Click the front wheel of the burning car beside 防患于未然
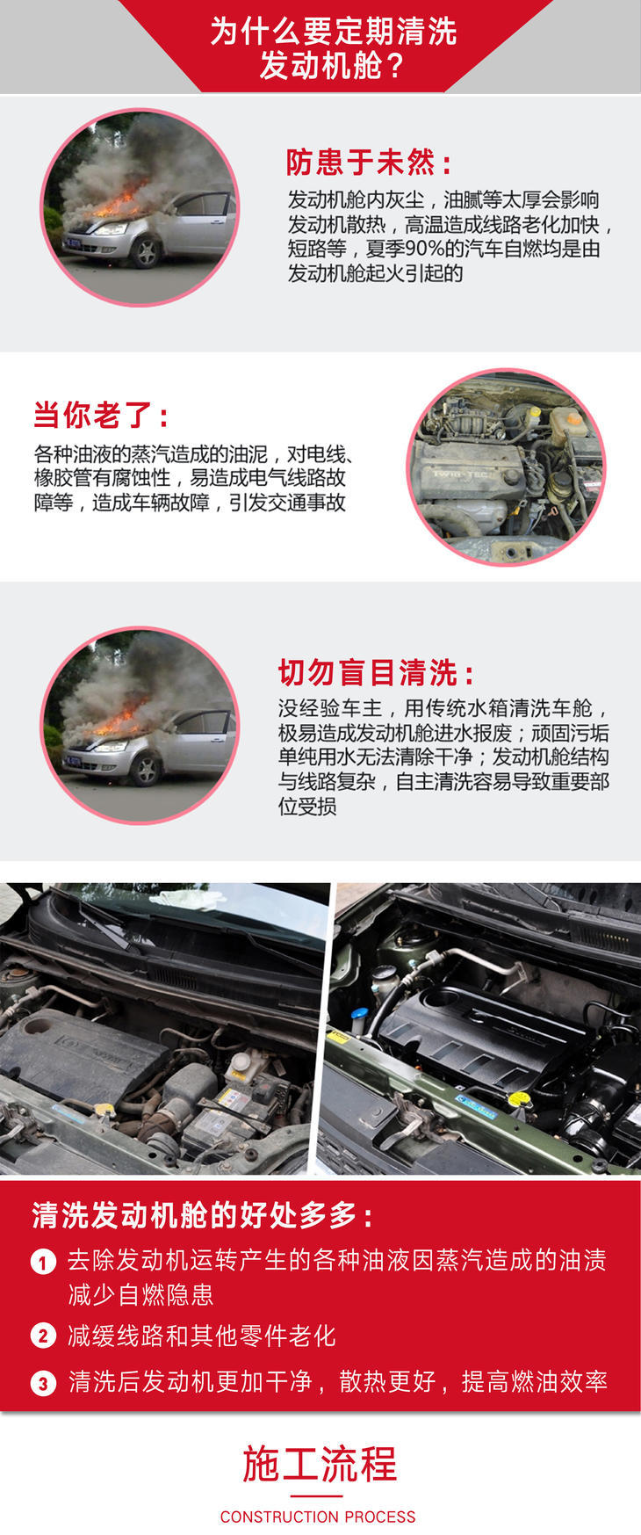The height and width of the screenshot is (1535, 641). pyautogui.click(x=147, y=252)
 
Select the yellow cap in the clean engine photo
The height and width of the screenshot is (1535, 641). pyautogui.click(x=519, y=1099)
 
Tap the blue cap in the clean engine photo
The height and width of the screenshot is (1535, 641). pyautogui.click(x=359, y=1015)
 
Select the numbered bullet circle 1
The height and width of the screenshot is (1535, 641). pyautogui.click(x=43, y=1263)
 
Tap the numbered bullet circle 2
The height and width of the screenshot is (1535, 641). pyautogui.click(x=43, y=1336)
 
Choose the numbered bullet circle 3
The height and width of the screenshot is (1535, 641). pyautogui.click(x=43, y=1383)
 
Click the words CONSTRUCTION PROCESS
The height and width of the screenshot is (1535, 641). pyautogui.click(x=318, y=1517)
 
